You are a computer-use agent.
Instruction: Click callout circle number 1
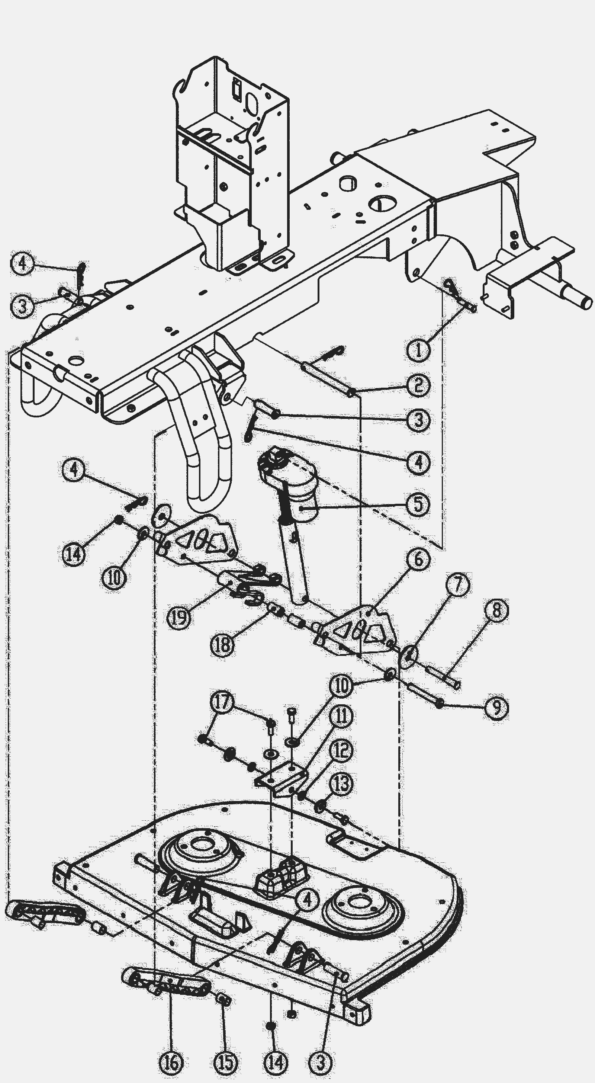click(x=418, y=350)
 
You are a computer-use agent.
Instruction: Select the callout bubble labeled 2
click(x=418, y=385)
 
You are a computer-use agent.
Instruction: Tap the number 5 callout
click(x=418, y=504)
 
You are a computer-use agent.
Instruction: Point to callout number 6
click(x=418, y=559)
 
